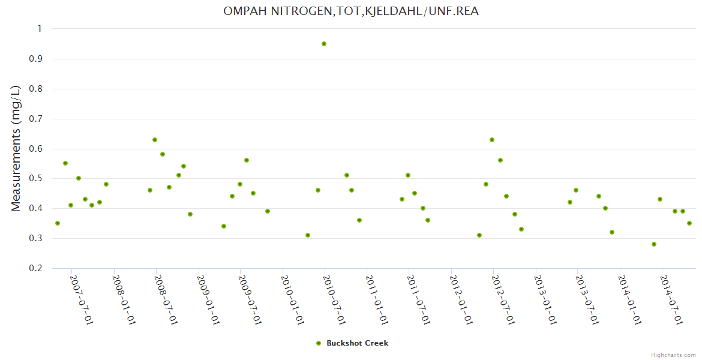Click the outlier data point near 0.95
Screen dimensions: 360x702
pos(324,44)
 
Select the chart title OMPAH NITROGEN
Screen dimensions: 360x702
pos(351,11)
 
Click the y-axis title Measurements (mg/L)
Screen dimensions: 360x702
pos(16,148)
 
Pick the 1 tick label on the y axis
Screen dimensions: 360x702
pos(40,29)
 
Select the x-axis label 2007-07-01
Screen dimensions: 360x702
pos(82,300)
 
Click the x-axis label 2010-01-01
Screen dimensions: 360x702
pos(292,300)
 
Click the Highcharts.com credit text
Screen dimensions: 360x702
pos(673,355)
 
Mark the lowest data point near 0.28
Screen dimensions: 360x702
pos(654,244)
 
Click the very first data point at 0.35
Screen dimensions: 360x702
pos(58,223)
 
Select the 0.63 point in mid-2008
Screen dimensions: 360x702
pos(155,140)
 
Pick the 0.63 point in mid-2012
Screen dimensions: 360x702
pos(492,140)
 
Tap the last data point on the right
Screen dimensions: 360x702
pos(689,223)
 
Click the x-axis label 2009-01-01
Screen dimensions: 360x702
pos(208,300)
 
